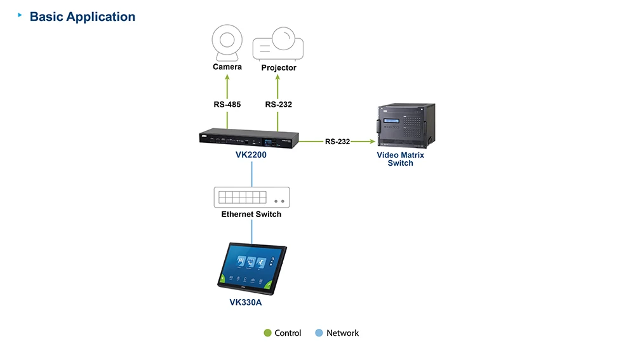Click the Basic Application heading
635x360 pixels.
(x=83, y=17)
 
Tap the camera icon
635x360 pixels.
(x=226, y=42)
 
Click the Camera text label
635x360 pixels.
(x=227, y=67)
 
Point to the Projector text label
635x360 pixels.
(x=279, y=67)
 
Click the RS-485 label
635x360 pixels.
(x=227, y=105)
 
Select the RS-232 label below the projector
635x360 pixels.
(x=279, y=105)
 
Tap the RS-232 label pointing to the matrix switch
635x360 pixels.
(x=337, y=142)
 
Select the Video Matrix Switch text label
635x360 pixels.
(x=400, y=159)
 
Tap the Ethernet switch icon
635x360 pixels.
(x=251, y=197)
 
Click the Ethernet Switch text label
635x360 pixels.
(x=251, y=215)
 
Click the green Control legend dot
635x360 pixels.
(x=267, y=333)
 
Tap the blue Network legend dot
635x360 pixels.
(x=319, y=333)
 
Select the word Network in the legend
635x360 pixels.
(x=342, y=333)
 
